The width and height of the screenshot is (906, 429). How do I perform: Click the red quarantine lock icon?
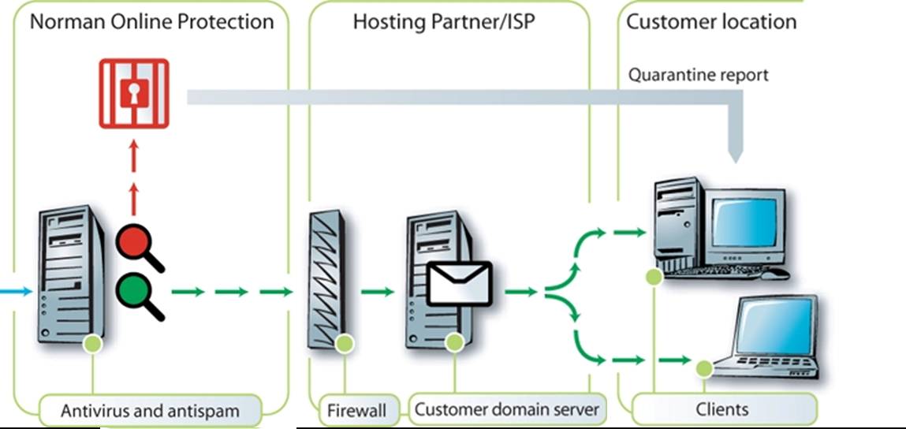coord(133,93)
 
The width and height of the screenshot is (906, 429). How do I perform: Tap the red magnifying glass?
coord(133,243)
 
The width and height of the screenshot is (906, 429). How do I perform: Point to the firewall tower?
coord(328,280)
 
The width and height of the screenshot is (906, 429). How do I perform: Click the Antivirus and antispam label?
coord(151,410)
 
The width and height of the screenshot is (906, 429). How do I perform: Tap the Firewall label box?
coord(357,410)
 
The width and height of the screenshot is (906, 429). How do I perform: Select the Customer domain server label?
coord(507,409)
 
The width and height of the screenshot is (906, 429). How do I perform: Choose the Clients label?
coord(722,409)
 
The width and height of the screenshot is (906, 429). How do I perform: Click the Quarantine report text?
coord(698,76)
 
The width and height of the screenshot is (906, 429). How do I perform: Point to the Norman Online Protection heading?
coord(151,21)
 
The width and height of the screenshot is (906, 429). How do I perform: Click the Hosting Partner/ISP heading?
coord(444,21)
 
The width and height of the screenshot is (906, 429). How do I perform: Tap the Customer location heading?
coord(710,21)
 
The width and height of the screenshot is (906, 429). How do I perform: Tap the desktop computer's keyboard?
coord(721,273)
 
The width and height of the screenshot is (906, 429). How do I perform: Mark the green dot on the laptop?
coord(704,366)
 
